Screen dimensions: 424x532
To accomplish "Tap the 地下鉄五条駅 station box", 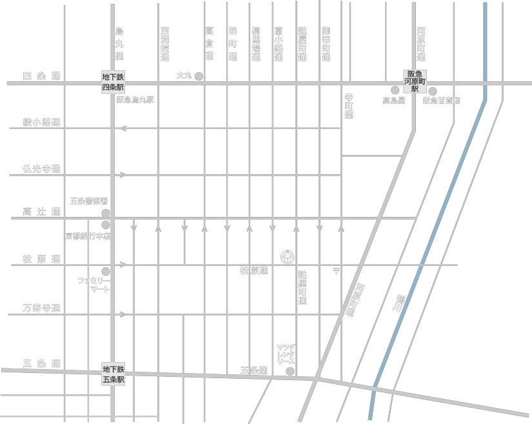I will tap(113, 374).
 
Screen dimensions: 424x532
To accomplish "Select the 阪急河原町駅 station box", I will tap(415, 82).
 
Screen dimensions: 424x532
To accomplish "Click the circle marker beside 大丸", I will tap(199, 76).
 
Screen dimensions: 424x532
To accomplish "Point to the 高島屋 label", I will tap(393, 101).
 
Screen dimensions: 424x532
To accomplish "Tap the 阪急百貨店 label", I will tap(442, 101).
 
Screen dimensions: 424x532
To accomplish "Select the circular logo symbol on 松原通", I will tap(288, 257).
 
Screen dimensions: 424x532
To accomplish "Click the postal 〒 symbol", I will tap(336, 270).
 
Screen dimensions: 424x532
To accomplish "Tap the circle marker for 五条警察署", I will tap(106, 213).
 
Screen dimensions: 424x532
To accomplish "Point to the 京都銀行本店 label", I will tap(88, 236).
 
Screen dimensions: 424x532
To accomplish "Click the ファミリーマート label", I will tap(94, 285).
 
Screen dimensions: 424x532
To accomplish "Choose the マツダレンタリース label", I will tap(286, 354).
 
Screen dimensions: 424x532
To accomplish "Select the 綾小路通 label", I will tap(41, 123).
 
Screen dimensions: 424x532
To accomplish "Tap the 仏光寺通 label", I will tap(41, 169).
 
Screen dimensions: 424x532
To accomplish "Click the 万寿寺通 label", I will tap(41, 308).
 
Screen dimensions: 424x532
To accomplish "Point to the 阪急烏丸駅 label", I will tap(135, 100).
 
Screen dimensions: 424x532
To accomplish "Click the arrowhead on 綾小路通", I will tap(123, 128).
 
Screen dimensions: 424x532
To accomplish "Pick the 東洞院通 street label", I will tap(165, 44).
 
